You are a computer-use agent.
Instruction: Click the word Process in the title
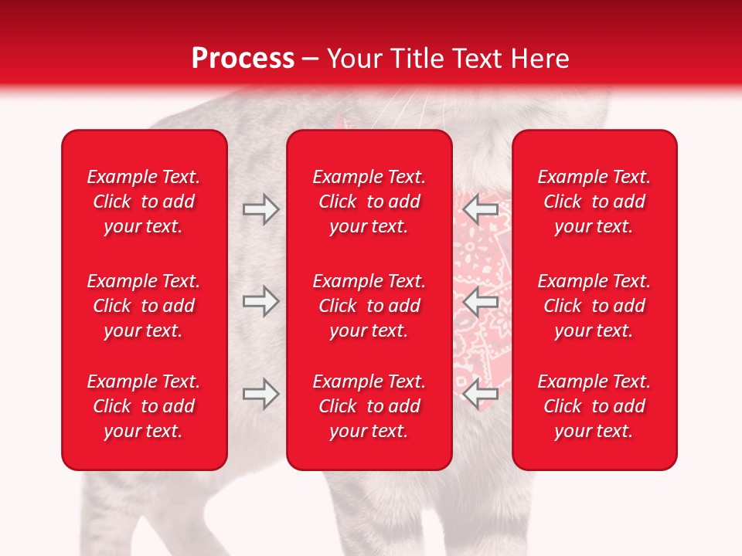point(243,59)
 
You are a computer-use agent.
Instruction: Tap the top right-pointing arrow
point(260,209)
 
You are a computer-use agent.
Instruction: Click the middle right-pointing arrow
point(260,301)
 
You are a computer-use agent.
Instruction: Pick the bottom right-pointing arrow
point(260,394)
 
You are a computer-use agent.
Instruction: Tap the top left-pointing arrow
point(481,209)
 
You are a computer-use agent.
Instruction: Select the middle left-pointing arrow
point(481,301)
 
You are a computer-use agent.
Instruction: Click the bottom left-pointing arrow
point(481,394)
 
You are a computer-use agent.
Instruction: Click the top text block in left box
point(144,202)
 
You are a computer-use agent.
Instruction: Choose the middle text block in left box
point(144,306)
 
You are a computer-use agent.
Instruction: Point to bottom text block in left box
point(144,406)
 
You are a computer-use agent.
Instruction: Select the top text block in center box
point(369,202)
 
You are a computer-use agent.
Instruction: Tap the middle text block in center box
point(369,306)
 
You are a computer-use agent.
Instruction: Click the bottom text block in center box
point(369,406)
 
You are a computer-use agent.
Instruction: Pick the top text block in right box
point(594,202)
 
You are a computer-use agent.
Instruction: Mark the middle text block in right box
point(594,306)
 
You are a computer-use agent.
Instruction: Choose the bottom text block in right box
point(594,406)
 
